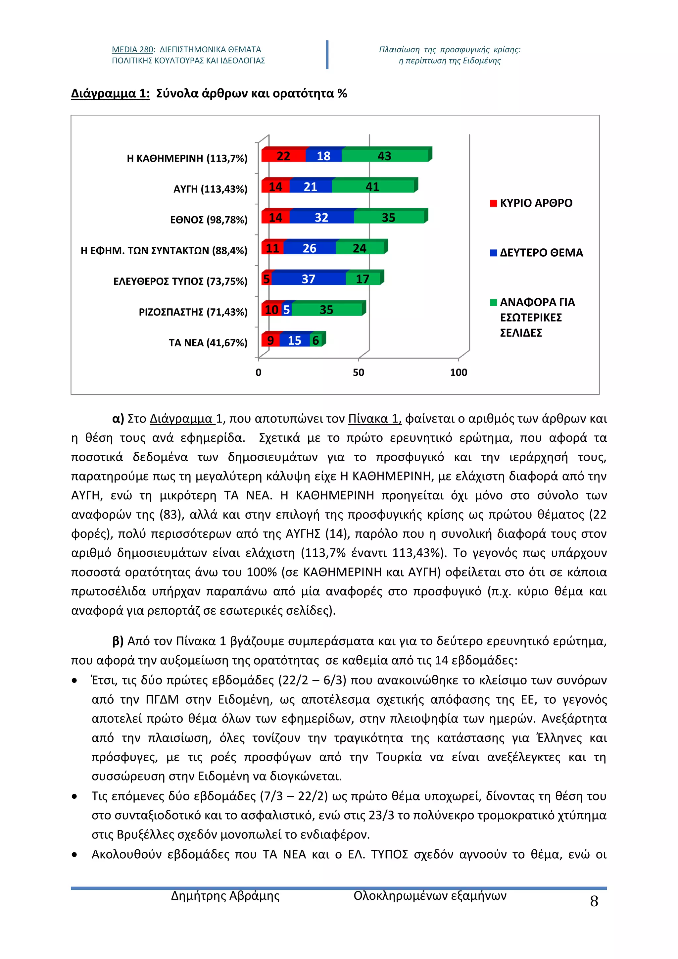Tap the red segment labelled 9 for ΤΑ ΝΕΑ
pyautogui.click(x=270, y=340)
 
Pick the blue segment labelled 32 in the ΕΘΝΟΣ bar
pyautogui.click(x=321, y=217)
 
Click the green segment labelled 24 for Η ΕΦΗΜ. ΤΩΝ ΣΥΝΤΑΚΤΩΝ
pyautogui.click(x=360, y=248)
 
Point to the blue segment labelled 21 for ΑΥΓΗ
pyautogui.click(x=310, y=187)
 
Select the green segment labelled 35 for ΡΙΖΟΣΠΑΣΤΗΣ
pyautogui.click(x=326, y=310)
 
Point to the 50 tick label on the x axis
pyautogui.click(x=358, y=372)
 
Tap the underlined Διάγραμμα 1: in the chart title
pyautogui.click(x=110, y=94)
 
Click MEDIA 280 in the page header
pyautogui.click(x=132, y=50)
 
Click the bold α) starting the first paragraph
pyautogui.click(x=118, y=419)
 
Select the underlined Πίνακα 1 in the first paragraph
pyautogui.click(x=374, y=419)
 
